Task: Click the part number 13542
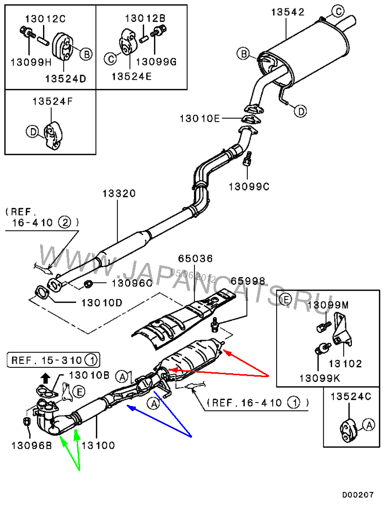288,12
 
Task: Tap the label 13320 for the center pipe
119,194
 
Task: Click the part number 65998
248,281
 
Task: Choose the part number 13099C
249,186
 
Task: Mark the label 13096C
132,282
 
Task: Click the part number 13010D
98,303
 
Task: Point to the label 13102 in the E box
345,364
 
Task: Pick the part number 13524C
351,396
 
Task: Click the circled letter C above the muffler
338,10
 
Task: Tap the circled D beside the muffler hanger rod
301,111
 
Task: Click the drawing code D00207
358,495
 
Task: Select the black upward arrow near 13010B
45,378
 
